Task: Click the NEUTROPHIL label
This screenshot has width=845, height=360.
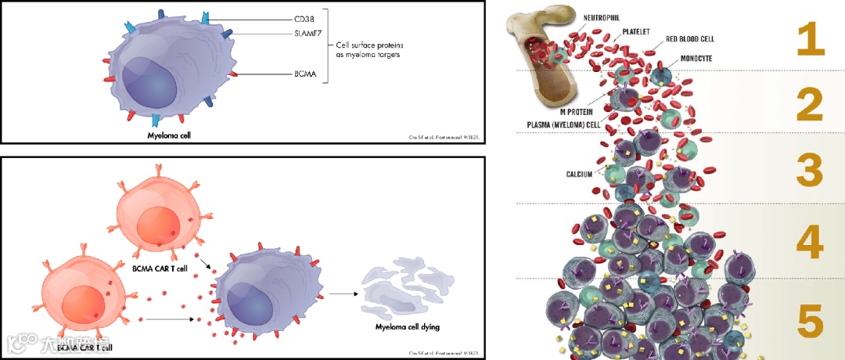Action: point(597,16)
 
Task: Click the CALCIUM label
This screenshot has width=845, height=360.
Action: point(578,173)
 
